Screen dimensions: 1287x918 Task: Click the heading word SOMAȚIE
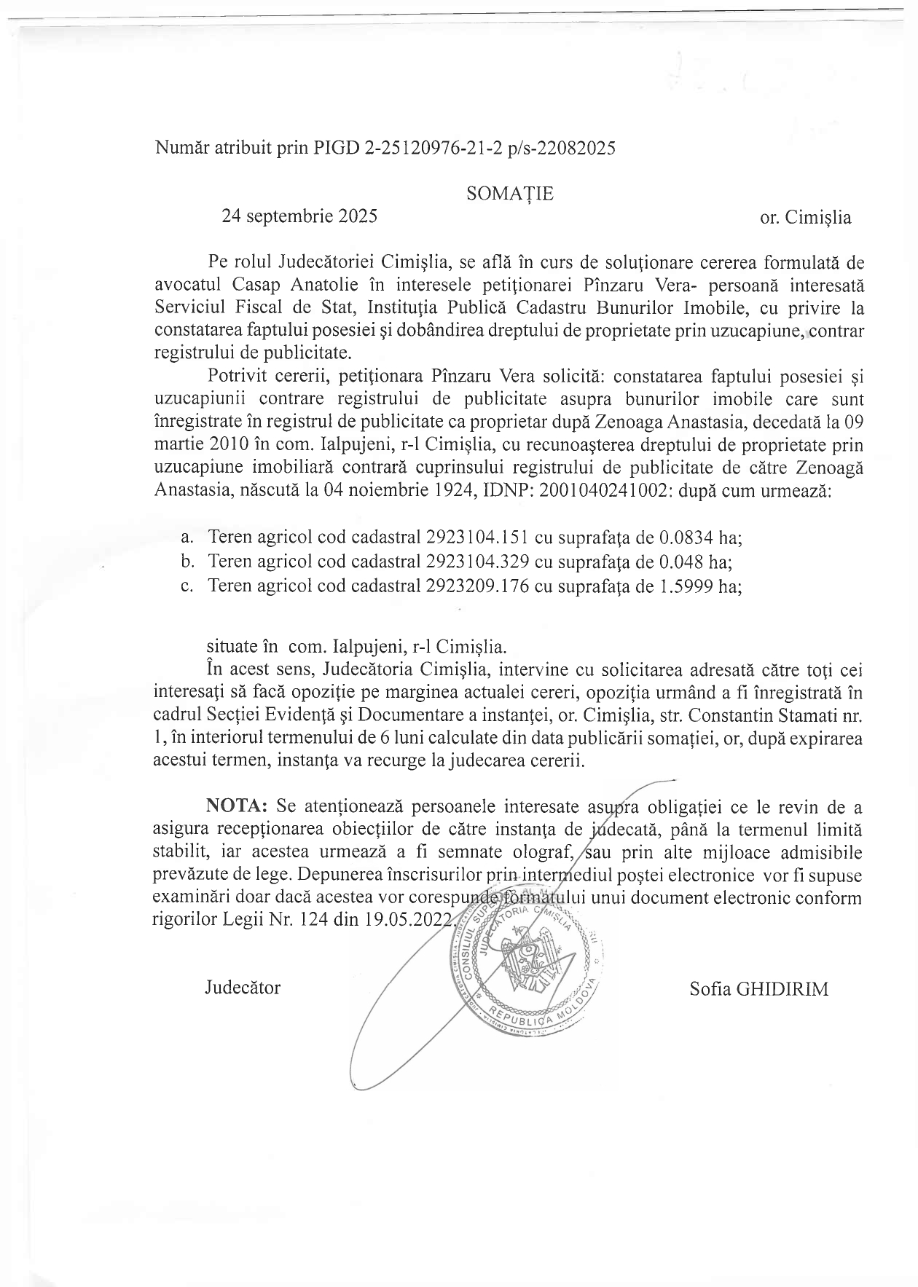click(x=509, y=194)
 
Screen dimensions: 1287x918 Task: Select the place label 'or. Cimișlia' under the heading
click(x=805, y=218)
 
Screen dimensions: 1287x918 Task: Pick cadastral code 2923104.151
click(x=476, y=538)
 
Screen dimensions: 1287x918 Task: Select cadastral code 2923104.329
click(x=476, y=562)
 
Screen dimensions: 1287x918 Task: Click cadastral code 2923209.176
click(x=476, y=586)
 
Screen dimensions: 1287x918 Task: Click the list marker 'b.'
click(x=187, y=562)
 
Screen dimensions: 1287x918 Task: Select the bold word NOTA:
click(x=238, y=806)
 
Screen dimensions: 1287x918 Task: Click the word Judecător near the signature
click(x=243, y=988)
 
